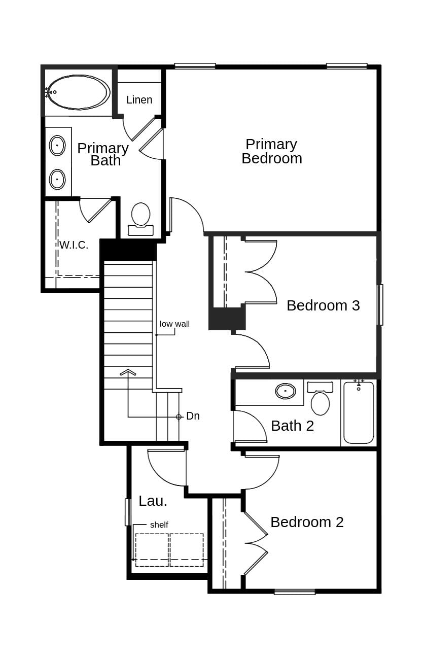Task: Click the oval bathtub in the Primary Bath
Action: [78, 92]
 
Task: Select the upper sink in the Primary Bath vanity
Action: [57, 146]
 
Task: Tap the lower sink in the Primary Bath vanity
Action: [57, 179]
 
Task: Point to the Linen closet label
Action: [139, 100]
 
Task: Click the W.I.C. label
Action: [74, 245]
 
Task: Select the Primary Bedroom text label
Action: [271, 151]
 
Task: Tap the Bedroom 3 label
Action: [323, 305]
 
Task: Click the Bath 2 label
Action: [292, 426]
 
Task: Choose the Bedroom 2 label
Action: [307, 522]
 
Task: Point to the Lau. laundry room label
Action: [153, 501]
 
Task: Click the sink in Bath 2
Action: [286, 391]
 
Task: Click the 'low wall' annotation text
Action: [174, 324]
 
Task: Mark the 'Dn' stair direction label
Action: [193, 416]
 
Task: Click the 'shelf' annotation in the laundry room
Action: [159, 525]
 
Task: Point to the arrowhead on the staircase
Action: [128, 372]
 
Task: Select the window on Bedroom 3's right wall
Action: [380, 304]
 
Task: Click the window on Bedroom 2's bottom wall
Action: [295, 592]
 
